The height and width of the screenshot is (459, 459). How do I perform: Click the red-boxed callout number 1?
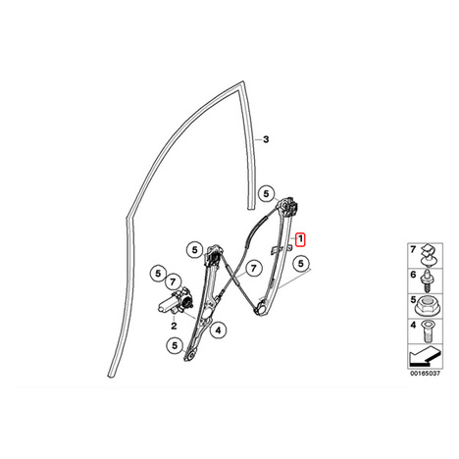coord(300,239)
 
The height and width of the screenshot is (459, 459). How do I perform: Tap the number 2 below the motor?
coord(174,326)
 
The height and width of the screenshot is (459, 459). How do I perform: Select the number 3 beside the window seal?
coord(266,139)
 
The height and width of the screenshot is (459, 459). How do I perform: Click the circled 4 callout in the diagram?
coord(218,331)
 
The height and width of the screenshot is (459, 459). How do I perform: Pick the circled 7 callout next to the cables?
coord(253,269)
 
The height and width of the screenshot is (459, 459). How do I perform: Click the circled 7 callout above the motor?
coord(174,281)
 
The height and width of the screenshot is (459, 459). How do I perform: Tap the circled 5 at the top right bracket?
coord(267,194)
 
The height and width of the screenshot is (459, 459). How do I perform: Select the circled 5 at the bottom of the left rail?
coord(175,345)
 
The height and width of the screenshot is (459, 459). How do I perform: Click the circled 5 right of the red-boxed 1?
coord(301,263)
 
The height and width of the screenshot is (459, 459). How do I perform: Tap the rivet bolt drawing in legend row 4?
coord(426,331)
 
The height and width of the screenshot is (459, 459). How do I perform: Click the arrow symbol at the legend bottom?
coord(425,357)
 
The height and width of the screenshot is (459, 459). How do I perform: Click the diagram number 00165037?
coord(426,374)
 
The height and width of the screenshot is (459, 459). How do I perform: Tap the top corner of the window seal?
coord(242,81)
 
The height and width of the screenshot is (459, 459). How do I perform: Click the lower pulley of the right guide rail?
coord(261,308)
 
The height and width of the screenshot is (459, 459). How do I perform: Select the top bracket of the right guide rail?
coord(288,207)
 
